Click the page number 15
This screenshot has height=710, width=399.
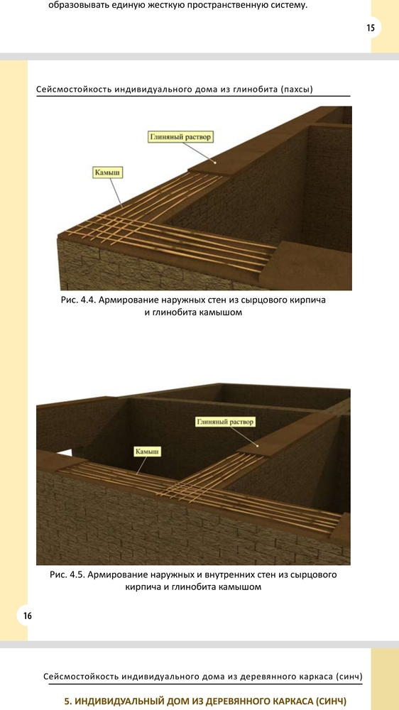(371, 28)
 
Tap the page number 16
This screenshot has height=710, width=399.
(28, 616)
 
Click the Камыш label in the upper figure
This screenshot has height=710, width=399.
(108, 173)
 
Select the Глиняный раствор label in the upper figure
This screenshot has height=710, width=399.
(180, 137)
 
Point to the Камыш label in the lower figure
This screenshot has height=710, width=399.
(148, 452)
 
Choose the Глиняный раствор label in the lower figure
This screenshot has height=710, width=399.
(226, 422)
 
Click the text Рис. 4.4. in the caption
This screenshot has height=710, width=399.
(78, 300)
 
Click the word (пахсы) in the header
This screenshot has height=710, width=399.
(297, 89)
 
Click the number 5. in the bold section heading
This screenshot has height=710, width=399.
(68, 701)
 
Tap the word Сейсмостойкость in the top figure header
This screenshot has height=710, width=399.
(74, 89)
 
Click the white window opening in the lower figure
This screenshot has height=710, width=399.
(65, 452)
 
